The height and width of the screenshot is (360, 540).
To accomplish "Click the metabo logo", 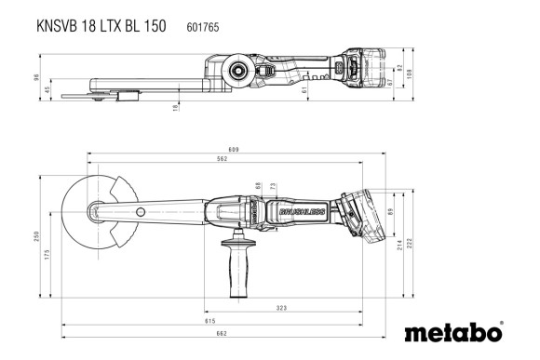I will [x=454, y=332].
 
